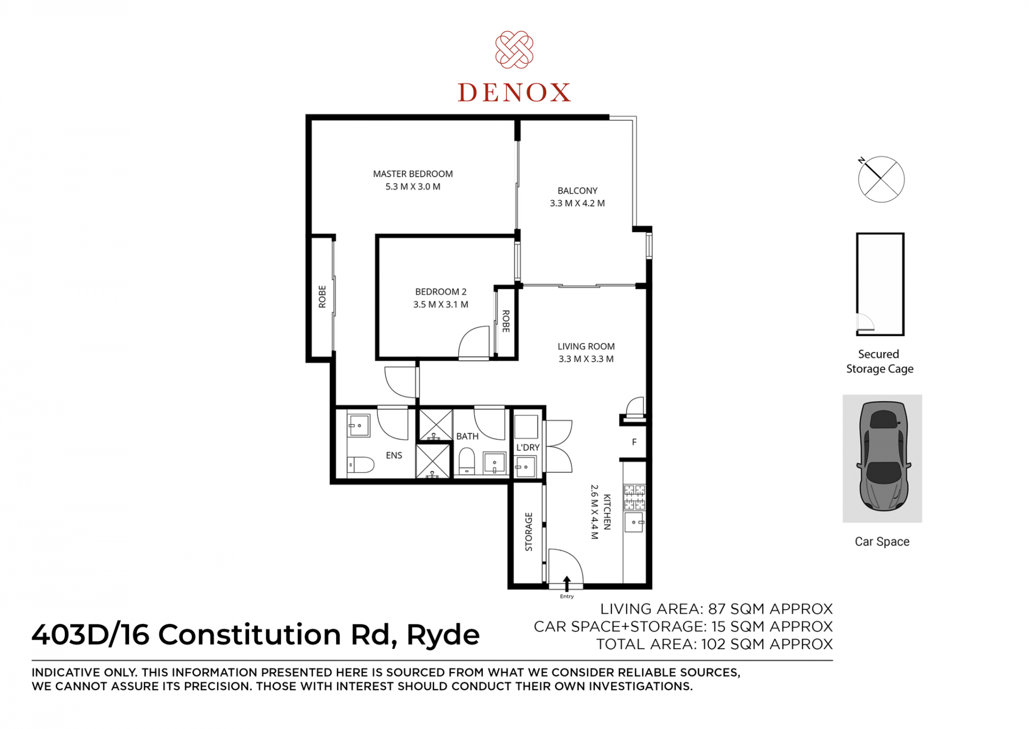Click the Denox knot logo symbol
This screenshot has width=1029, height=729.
[514, 50]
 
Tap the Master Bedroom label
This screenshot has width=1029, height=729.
[413, 174]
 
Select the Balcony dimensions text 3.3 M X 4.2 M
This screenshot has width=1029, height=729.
[577, 203]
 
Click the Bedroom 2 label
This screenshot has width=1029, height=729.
[441, 292]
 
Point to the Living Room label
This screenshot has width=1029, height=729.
[586, 347]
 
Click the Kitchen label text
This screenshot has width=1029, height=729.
[607, 512]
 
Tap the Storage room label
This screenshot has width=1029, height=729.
[529, 532]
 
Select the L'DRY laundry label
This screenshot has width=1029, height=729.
[528, 447]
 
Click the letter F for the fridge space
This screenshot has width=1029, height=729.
[634, 442]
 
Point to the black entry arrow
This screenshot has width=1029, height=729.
[566, 584]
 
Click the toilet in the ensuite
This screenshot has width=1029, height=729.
[360, 465]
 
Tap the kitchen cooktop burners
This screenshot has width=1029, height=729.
[635, 497]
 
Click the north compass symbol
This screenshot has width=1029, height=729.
[881, 179]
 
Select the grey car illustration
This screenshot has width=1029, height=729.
[884, 456]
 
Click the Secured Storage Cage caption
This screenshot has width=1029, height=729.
[879, 362]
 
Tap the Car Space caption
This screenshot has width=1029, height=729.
[882, 542]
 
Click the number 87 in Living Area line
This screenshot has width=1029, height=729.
[717, 609]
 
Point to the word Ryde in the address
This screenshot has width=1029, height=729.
[443, 636]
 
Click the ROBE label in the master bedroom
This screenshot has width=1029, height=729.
[322, 297]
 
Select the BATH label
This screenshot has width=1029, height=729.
[467, 437]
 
